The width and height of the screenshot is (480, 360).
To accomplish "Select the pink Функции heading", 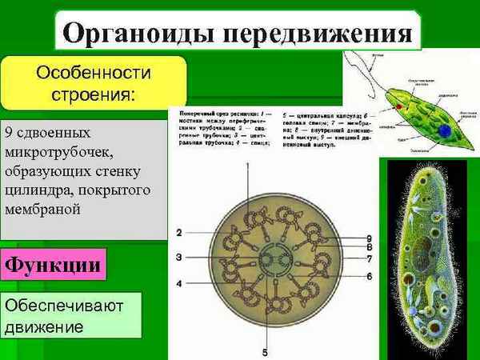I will point(54,264).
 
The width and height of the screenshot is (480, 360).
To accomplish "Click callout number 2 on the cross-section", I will point(180,233).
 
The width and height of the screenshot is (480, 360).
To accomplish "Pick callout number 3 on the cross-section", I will point(180,257).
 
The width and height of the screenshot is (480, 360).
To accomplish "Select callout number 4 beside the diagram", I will point(180,283).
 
